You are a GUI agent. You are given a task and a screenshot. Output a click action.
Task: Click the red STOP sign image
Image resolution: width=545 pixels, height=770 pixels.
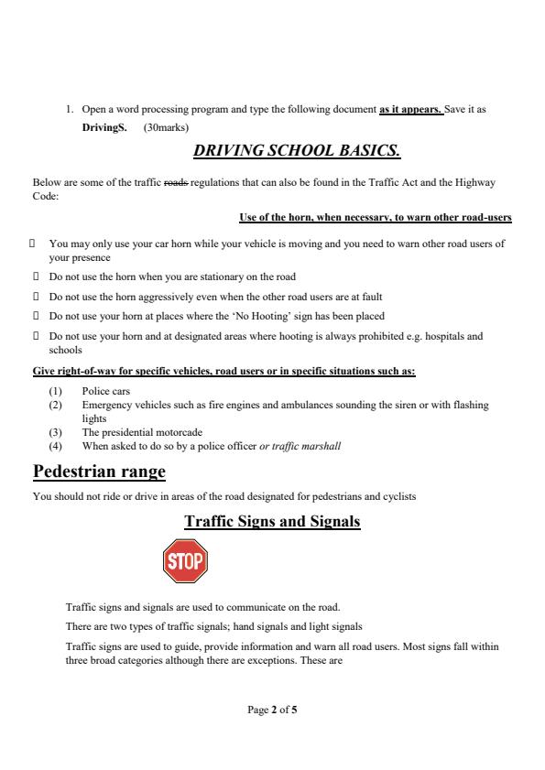tap(185, 560)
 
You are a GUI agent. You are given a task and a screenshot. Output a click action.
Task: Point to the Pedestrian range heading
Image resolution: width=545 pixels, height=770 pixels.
tap(99, 472)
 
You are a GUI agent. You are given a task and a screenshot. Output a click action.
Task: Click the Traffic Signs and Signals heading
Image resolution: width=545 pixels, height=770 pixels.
tap(272, 522)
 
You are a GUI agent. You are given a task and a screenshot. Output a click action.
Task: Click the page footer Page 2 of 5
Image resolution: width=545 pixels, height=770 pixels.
tap(272, 709)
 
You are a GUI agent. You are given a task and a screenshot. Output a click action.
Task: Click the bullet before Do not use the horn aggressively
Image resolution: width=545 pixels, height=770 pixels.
tap(33, 297)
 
